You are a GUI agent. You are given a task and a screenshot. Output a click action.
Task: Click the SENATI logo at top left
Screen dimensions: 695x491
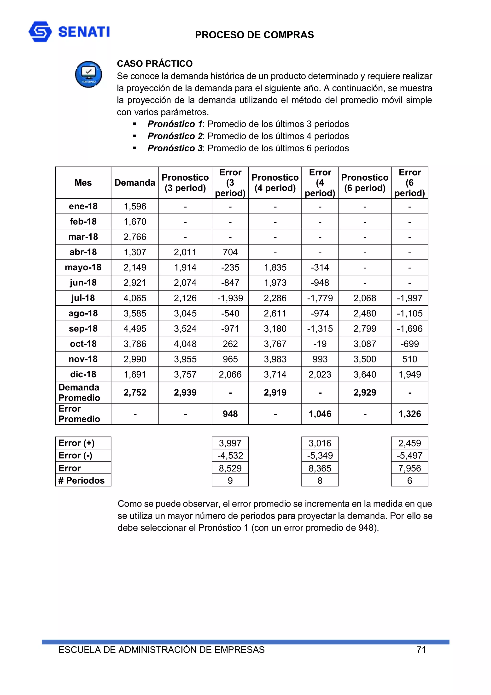[x=69, y=31]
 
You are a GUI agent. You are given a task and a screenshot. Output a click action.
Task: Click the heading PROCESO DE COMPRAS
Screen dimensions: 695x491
[x=254, y=35]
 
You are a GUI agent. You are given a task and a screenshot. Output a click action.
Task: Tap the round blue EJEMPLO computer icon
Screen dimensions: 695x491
[x=88, y=74]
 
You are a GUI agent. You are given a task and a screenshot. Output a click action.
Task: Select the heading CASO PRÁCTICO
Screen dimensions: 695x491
[x=155, y=64]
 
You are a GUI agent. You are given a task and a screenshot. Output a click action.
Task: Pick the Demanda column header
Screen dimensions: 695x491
[x=135, y=183]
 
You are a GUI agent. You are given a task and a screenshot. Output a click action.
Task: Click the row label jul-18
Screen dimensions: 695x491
[x=83, y=298]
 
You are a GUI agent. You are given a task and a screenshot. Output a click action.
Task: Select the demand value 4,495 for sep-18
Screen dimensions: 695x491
[x=135, y=328]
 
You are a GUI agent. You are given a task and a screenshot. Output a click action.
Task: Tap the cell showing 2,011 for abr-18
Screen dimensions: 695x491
[x=185, y=252]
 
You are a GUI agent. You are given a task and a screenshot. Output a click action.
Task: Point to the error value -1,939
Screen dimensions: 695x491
[x=230, y=298]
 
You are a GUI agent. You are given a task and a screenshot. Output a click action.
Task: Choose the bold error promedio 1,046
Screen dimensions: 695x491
[x=320, y=414]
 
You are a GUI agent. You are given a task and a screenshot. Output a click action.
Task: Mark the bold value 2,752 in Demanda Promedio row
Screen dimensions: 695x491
[x=135, y=393]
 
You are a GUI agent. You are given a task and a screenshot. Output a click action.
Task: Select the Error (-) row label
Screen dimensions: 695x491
[x=75, y=455]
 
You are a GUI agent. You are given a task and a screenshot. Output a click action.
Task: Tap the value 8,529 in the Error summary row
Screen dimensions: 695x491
[x=230, y=468]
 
